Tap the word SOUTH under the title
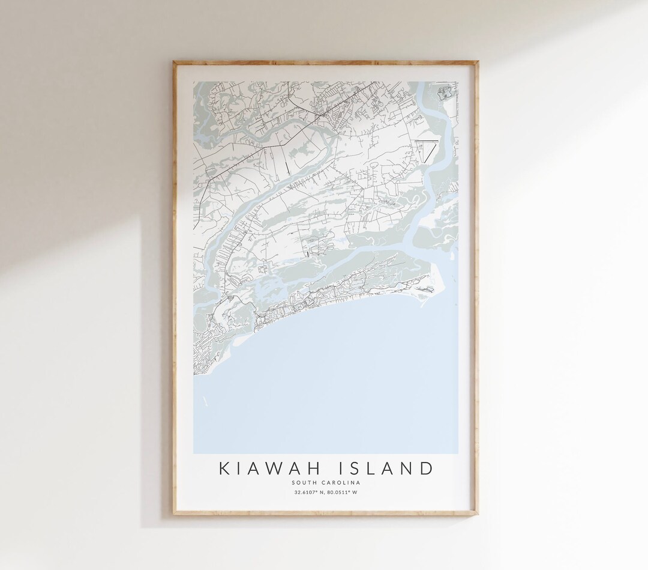[x=302, y=482]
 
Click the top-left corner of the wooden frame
[x=174, y=61]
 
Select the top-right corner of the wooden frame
[x=478, y=61]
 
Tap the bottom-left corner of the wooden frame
[x=174, y=515]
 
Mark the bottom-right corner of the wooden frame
[x=478, y=515]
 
